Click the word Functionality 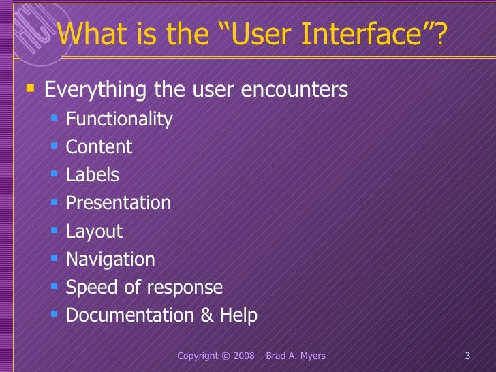click(119, 120)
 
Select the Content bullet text click(99, 147)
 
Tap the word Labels click(92, 175)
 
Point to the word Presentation click(118, 203)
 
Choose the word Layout click(94, 232)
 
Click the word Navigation click(110, 260)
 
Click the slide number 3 click(467, 356)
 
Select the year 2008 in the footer click(245, 356)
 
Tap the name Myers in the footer click(311, 356)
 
